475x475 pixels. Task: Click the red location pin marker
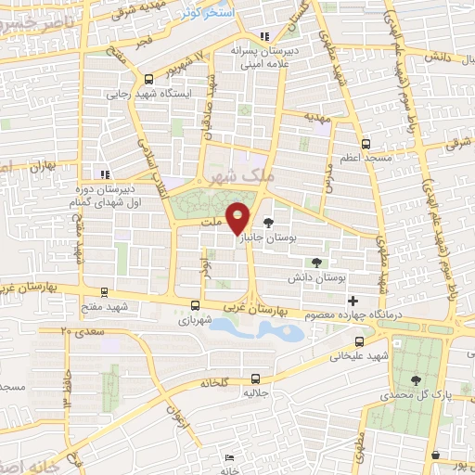tap(238, 217)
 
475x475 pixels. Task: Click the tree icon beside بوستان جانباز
tap(269, 223)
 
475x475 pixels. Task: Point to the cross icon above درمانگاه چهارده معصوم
tap(353, 301)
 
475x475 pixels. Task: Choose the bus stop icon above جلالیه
tap(255, 378)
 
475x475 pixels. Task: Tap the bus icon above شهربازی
tap(195, 304)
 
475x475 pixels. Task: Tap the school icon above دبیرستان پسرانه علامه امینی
tap(265, 37)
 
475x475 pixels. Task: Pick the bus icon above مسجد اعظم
tap(366, 145)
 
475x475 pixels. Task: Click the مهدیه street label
tap(319, 118)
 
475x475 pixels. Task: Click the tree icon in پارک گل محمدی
tap(414, 379)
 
